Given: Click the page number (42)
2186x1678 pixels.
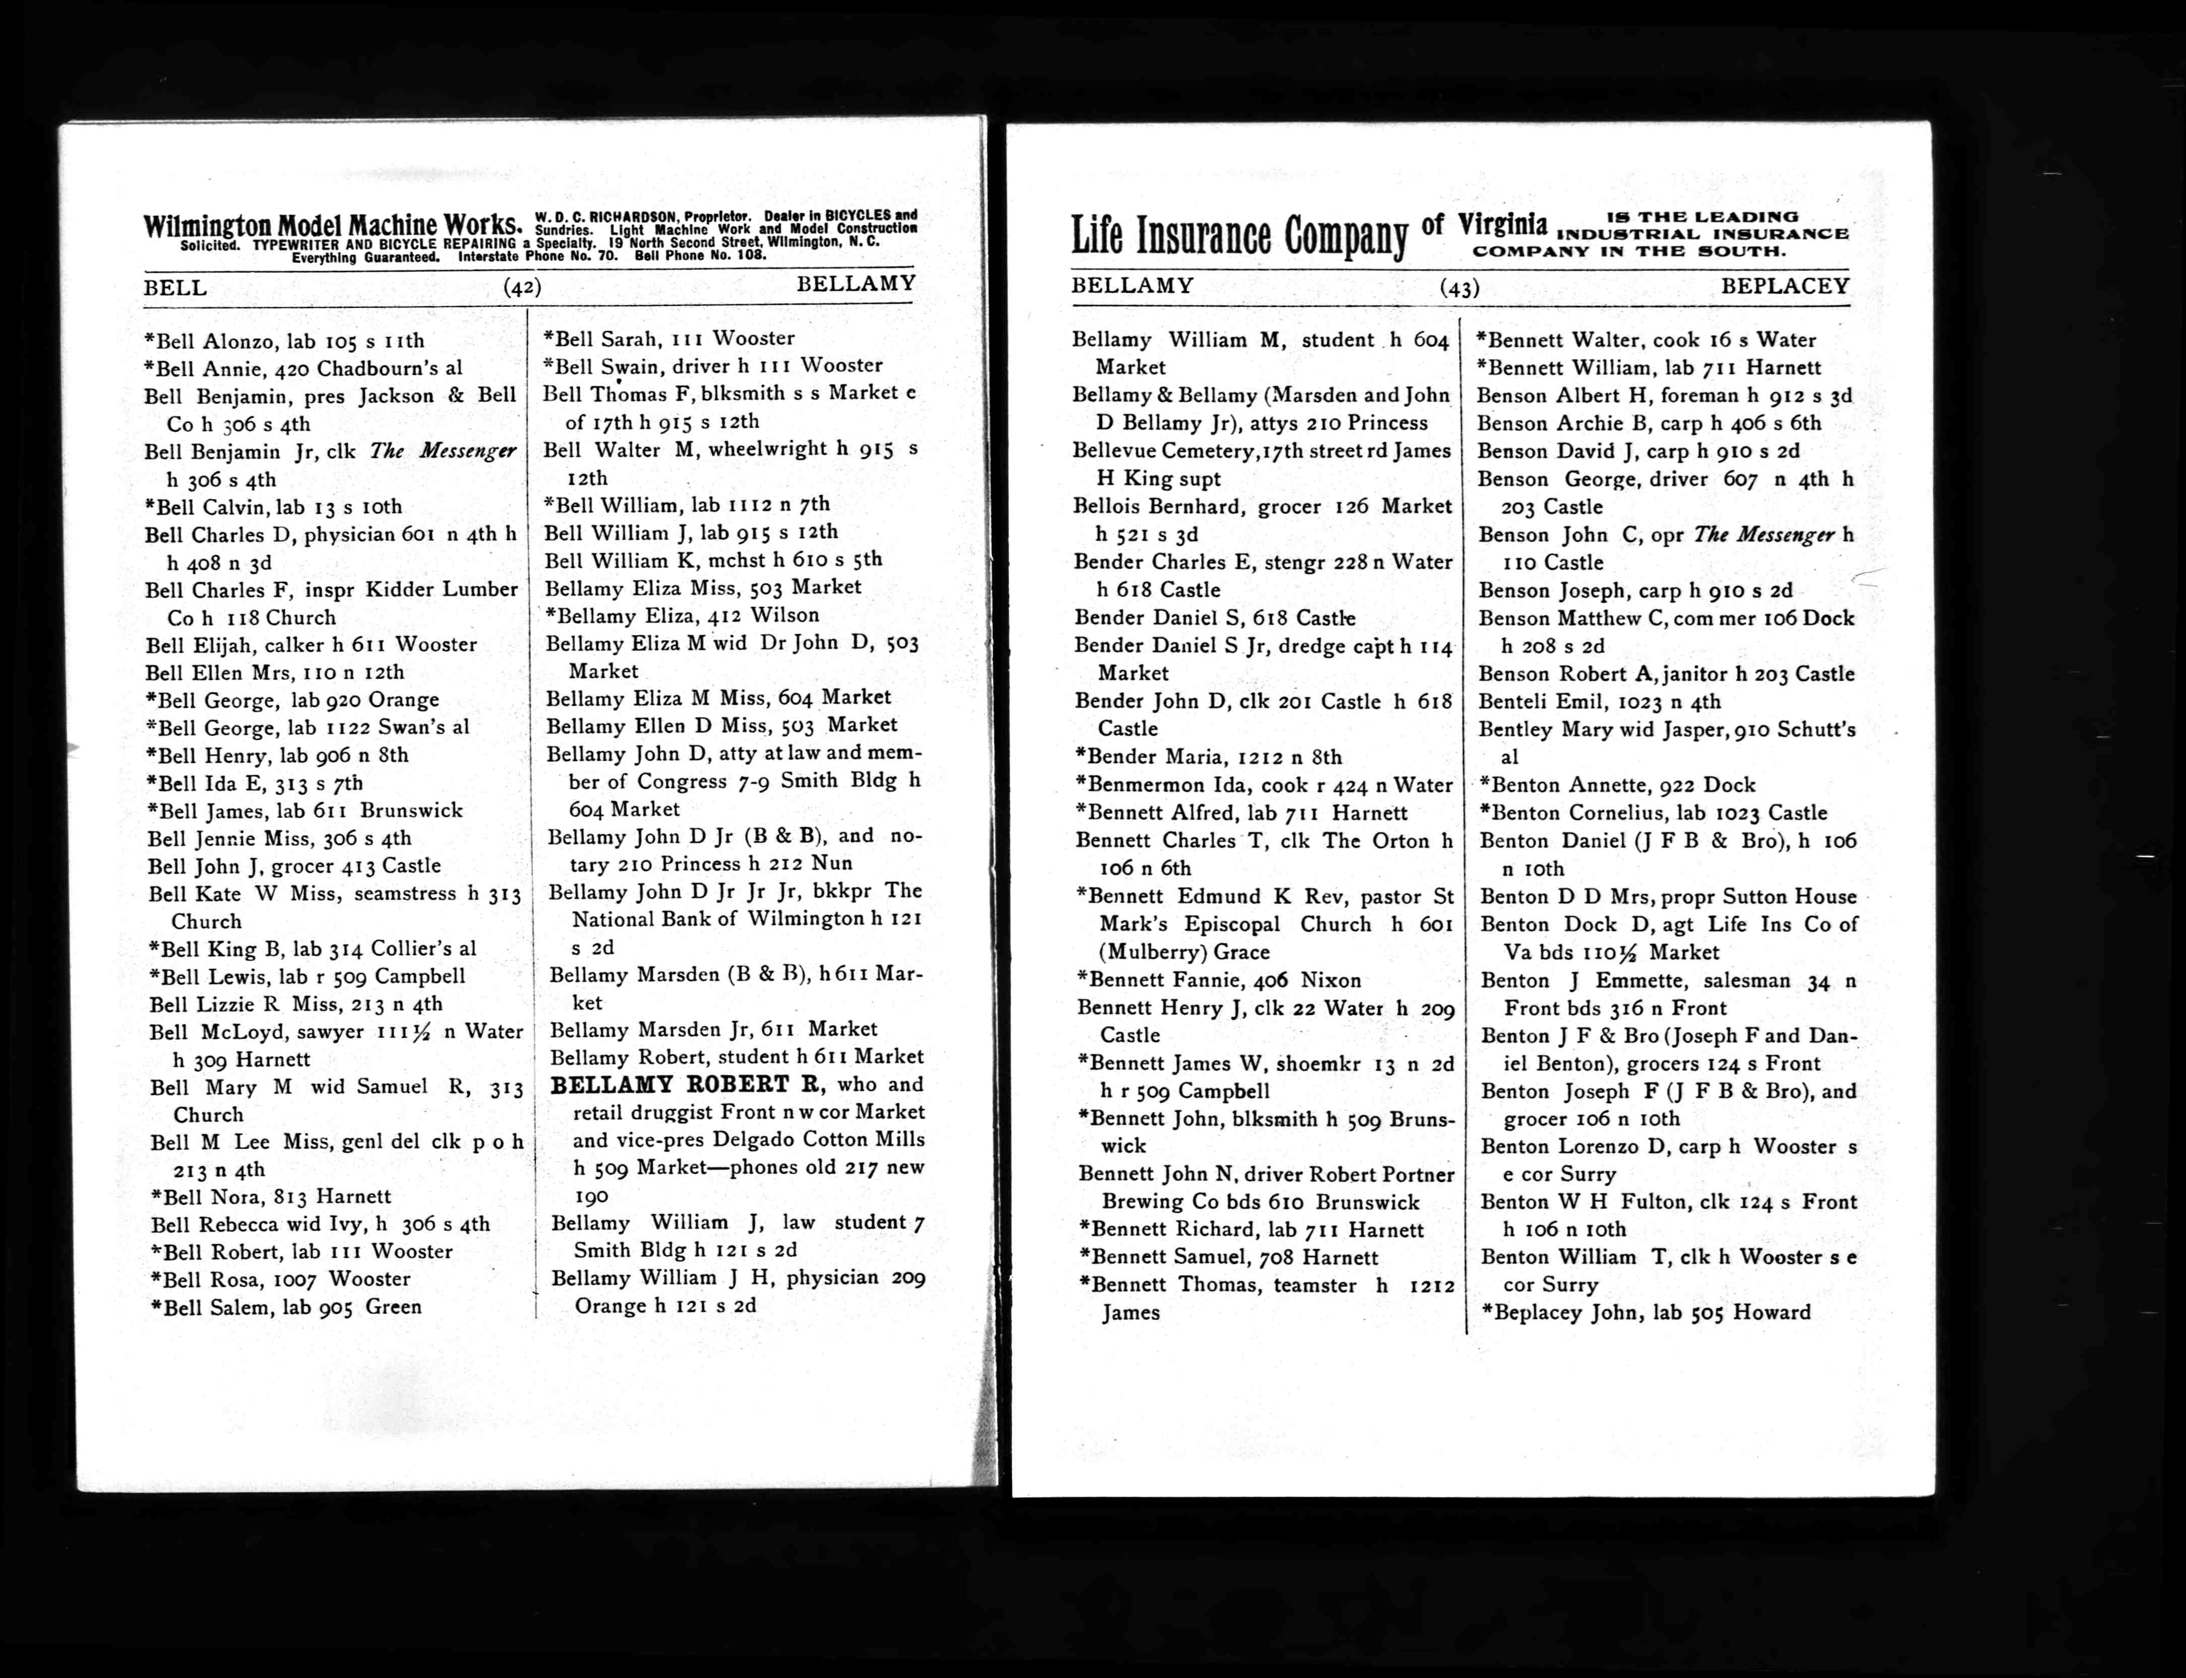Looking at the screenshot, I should tap(522, 288).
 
